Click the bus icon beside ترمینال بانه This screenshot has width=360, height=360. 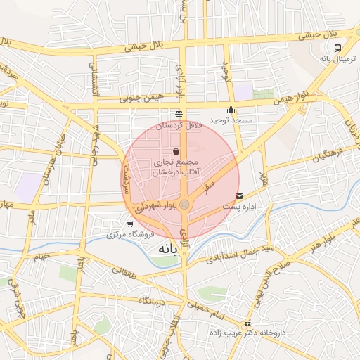point(339,49)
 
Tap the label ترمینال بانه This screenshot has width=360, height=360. point(339,60)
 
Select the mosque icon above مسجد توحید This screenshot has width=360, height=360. point(231,110)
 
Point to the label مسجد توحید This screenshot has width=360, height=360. point(231,120)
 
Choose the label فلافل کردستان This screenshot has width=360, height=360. point(178,124)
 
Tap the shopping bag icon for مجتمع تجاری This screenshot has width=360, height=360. point(176,151)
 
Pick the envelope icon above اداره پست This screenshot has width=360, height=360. point(240,196)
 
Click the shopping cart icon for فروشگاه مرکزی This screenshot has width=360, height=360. point(130,224)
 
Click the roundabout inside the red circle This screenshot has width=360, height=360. point(184,205)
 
